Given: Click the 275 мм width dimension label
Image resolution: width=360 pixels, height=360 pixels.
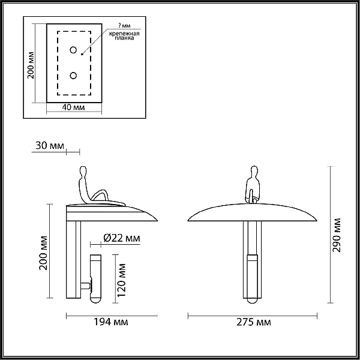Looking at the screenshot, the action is tap(253, 322).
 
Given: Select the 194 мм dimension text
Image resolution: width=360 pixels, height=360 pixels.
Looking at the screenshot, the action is tap(111, 322).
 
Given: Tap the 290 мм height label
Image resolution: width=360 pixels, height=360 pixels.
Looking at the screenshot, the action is tap(337, 235).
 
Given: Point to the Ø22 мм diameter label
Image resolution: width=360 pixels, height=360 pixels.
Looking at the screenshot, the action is tap(122, 238).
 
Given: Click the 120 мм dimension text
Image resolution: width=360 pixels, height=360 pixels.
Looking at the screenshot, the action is tap(121, 280).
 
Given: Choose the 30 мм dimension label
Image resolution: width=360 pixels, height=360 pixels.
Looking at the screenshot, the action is tap(50, 145).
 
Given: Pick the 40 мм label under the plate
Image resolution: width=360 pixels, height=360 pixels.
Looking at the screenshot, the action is tap(73, 107).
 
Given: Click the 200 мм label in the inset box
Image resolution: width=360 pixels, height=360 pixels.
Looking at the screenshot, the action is tap(31, 65).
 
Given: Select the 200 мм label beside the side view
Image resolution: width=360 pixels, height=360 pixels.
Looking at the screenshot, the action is tap(43, 253).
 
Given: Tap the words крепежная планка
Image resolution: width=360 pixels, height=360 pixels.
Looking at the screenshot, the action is tap(124, 36).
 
